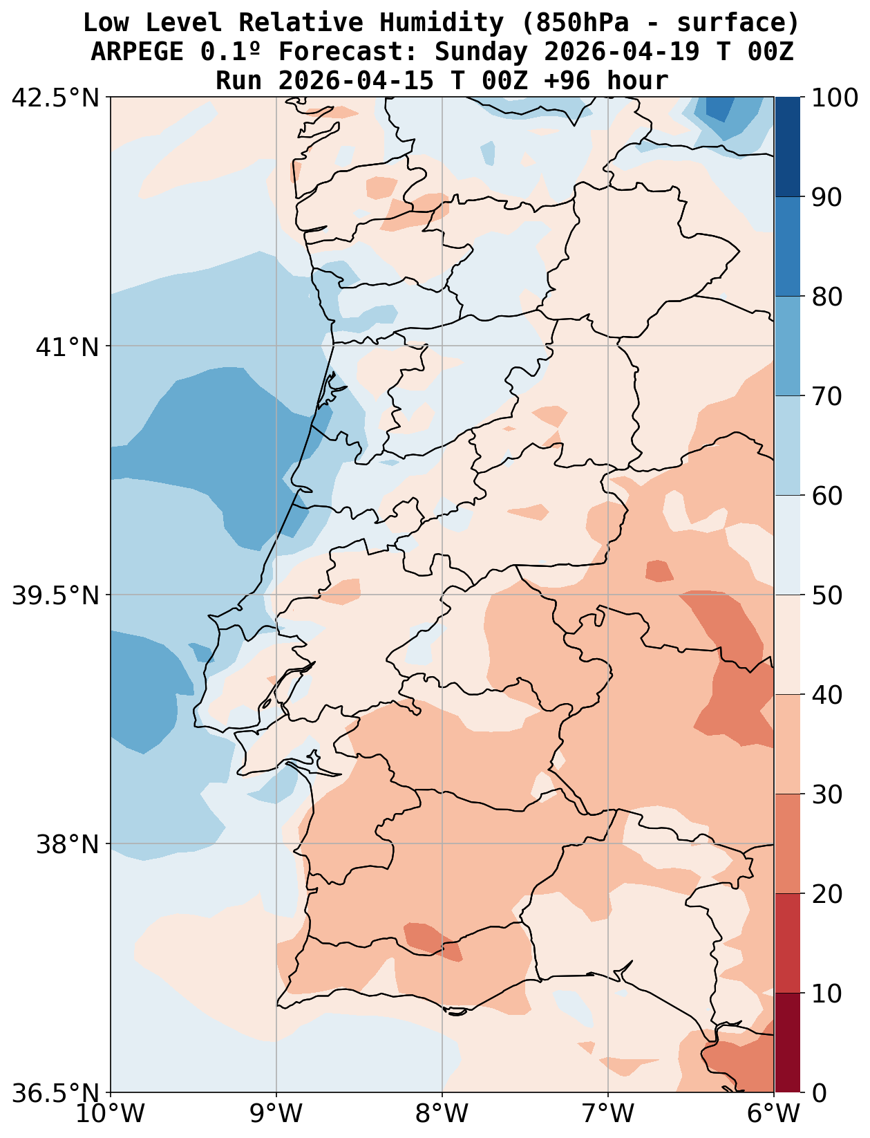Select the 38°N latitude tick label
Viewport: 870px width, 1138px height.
pos(68,844)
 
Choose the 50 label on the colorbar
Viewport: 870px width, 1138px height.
pos(826,595)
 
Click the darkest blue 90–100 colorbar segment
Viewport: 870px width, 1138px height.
pos(787,147)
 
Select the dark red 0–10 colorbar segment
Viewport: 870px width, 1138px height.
pos(787,1043)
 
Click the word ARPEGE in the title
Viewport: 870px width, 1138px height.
pos(136,52)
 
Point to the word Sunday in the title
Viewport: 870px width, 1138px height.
pos(482,52)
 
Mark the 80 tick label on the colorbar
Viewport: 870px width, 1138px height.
pos(826,297)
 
